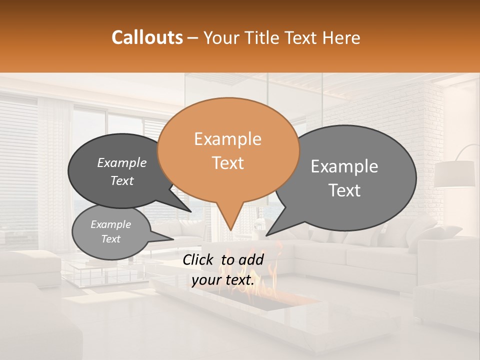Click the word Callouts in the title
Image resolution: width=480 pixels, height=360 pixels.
[147, 37]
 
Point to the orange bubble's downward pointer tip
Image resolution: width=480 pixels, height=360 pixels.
[230, 230]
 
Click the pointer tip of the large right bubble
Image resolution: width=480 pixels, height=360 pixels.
[266, 235]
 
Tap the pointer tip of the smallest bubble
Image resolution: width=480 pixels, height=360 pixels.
[173, 239]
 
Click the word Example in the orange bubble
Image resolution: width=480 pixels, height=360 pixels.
[227, 139]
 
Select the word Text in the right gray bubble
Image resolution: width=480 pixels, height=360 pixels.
[344, 190]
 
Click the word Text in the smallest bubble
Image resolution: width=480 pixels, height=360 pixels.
[111, 239]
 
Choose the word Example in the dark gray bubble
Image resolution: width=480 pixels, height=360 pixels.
[121, 163]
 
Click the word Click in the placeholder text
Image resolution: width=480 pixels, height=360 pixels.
[198, 259]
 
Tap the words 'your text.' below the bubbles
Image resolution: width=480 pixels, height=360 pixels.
[223, 280]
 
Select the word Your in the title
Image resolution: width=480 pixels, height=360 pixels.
[217, 37]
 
